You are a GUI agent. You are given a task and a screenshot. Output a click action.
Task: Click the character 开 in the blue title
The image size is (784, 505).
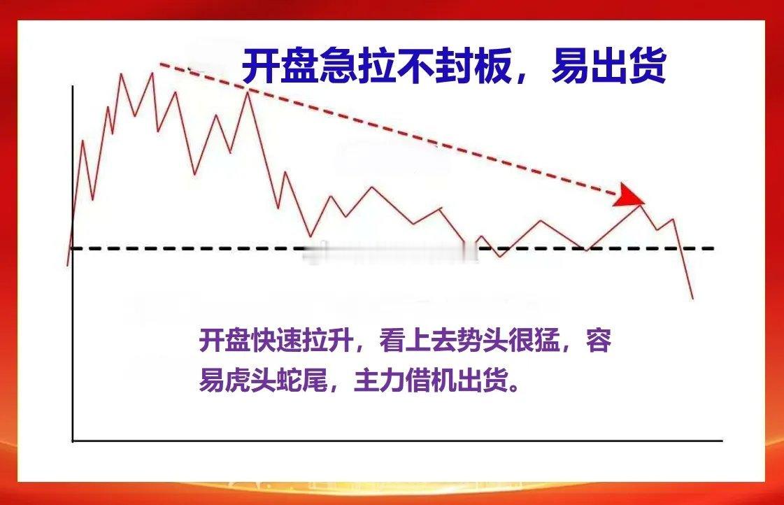point(260,66)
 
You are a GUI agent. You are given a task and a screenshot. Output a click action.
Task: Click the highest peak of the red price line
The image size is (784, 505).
point(122,74)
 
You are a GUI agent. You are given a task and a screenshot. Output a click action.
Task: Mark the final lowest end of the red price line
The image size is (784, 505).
point(693,299)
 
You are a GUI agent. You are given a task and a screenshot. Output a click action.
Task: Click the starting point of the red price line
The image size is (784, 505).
point(68,265)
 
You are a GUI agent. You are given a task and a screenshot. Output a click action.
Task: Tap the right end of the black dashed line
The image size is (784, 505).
point(714,248)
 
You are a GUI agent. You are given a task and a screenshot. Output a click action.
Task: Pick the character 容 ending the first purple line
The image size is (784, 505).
point(599,341)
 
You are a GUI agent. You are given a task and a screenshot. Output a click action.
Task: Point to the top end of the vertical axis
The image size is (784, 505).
point(73,86)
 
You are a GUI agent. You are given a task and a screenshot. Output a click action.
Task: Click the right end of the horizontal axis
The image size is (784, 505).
point(722,441)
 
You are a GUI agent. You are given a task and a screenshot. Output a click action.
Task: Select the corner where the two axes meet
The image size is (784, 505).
point(73,441)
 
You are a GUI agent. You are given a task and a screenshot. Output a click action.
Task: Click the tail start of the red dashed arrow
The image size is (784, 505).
point(160,64)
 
